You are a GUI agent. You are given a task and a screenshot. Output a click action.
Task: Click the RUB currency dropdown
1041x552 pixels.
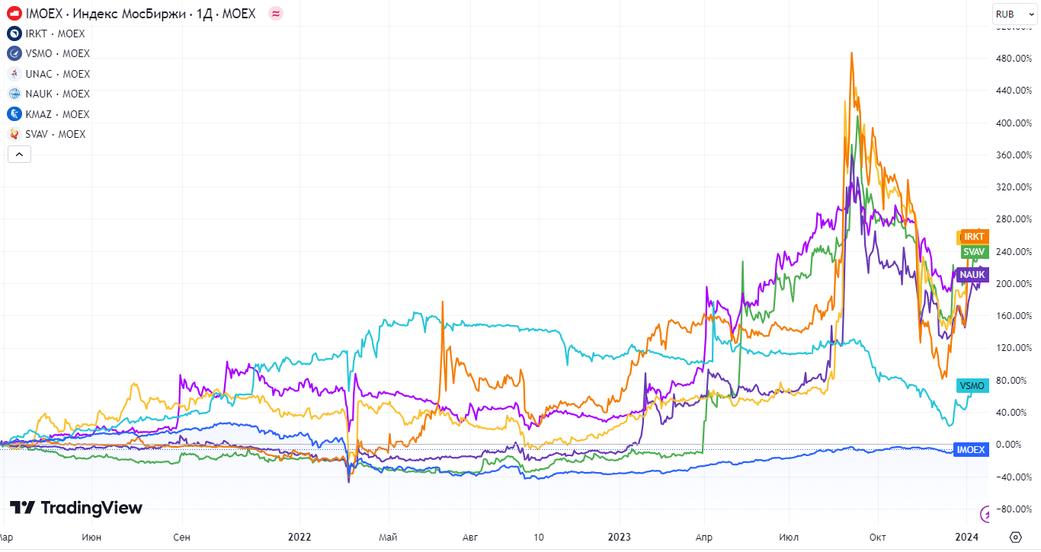[1014, 14]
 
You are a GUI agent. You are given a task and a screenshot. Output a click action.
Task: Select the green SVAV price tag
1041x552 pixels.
[973, 251]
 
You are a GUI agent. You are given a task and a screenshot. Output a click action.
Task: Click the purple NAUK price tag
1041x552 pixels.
[972, 274]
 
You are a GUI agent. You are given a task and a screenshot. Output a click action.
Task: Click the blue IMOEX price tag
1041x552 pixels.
[971, 450]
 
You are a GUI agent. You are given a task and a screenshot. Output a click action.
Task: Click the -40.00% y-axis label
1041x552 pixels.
[1014, 477]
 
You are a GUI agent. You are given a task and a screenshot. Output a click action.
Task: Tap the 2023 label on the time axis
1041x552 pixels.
[619, 537]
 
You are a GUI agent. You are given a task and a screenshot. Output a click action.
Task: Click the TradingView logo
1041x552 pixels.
[75, 508]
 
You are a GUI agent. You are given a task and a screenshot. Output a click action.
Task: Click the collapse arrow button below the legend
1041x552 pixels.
[19, 155]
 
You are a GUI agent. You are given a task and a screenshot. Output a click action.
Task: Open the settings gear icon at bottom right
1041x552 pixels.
[1015, 537]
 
